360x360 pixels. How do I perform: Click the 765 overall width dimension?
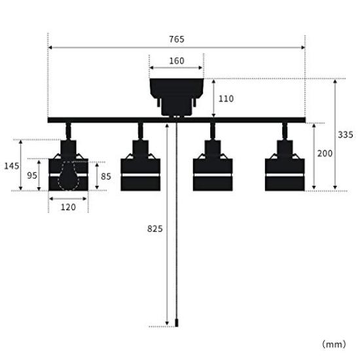177,39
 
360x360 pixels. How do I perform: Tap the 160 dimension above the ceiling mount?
177,61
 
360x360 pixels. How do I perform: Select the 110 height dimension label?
226,99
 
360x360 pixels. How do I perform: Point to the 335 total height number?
346,135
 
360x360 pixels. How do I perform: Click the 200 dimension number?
325,153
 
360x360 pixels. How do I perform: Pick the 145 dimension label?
12,166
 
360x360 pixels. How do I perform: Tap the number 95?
32,175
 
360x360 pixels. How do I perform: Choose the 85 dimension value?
106,176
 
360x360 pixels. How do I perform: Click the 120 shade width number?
68,207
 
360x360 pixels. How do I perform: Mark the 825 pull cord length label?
155,228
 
